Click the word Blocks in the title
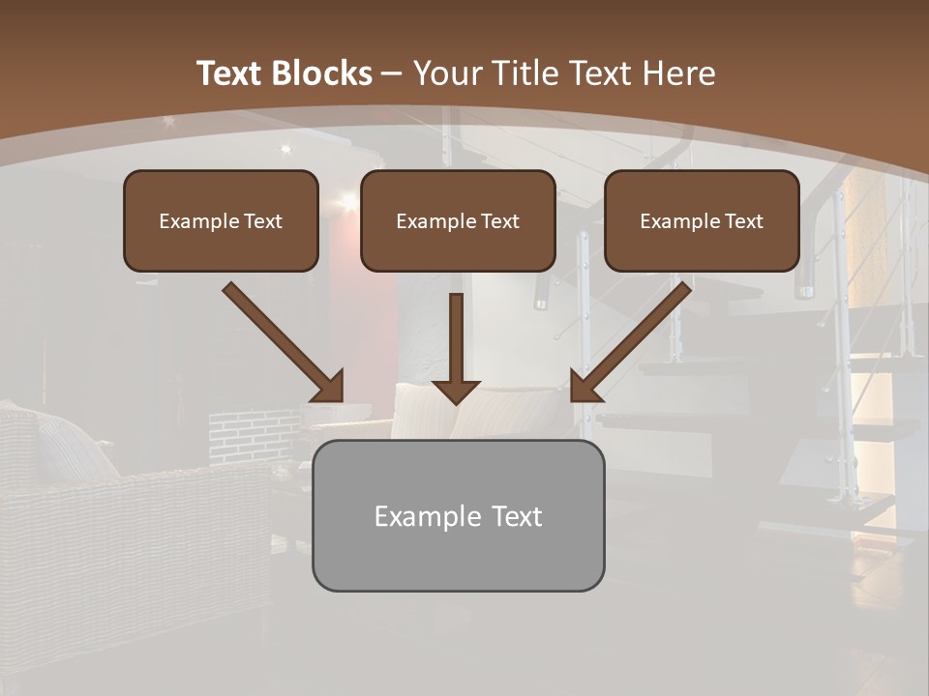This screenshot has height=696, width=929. click(x=321, y=73)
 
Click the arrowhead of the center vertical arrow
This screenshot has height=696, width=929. click(x=456, y=391)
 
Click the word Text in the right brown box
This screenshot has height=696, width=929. click(x=743, y=221)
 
